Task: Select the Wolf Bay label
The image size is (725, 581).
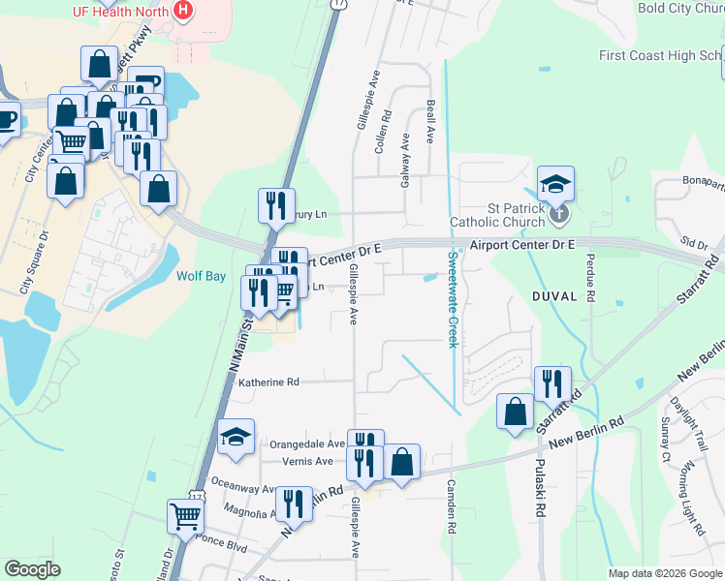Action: [201, 276]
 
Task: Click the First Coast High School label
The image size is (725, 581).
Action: [659, 55]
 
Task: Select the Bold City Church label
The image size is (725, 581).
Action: [679, 8]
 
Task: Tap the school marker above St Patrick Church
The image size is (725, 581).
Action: [556, 184]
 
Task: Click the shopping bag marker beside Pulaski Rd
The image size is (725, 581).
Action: [515, 410]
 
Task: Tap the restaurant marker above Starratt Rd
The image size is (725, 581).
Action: [552, 383]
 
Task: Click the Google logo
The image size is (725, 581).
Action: [32, 569]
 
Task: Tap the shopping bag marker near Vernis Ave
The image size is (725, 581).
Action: [402, 462]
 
